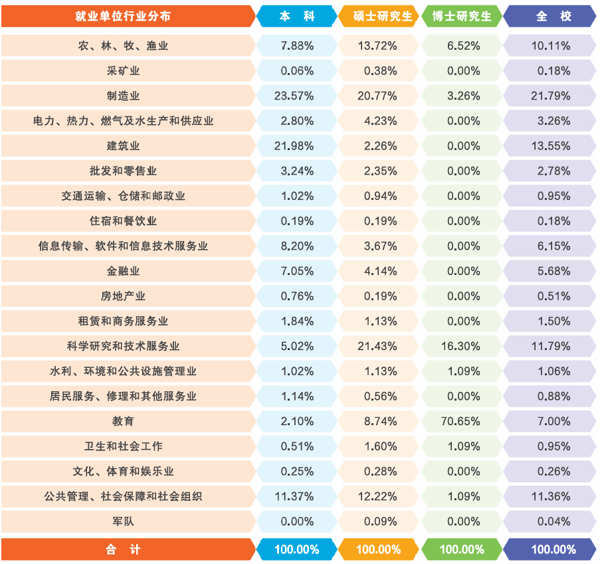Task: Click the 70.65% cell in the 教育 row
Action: click(x=462, y=421)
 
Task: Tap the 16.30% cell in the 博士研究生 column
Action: click(x=462, y=346)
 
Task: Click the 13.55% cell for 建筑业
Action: click(x=551, y=146)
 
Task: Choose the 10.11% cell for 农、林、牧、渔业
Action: click(x=551, y=46)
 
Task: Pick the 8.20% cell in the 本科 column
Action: click(x=297, y=246)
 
